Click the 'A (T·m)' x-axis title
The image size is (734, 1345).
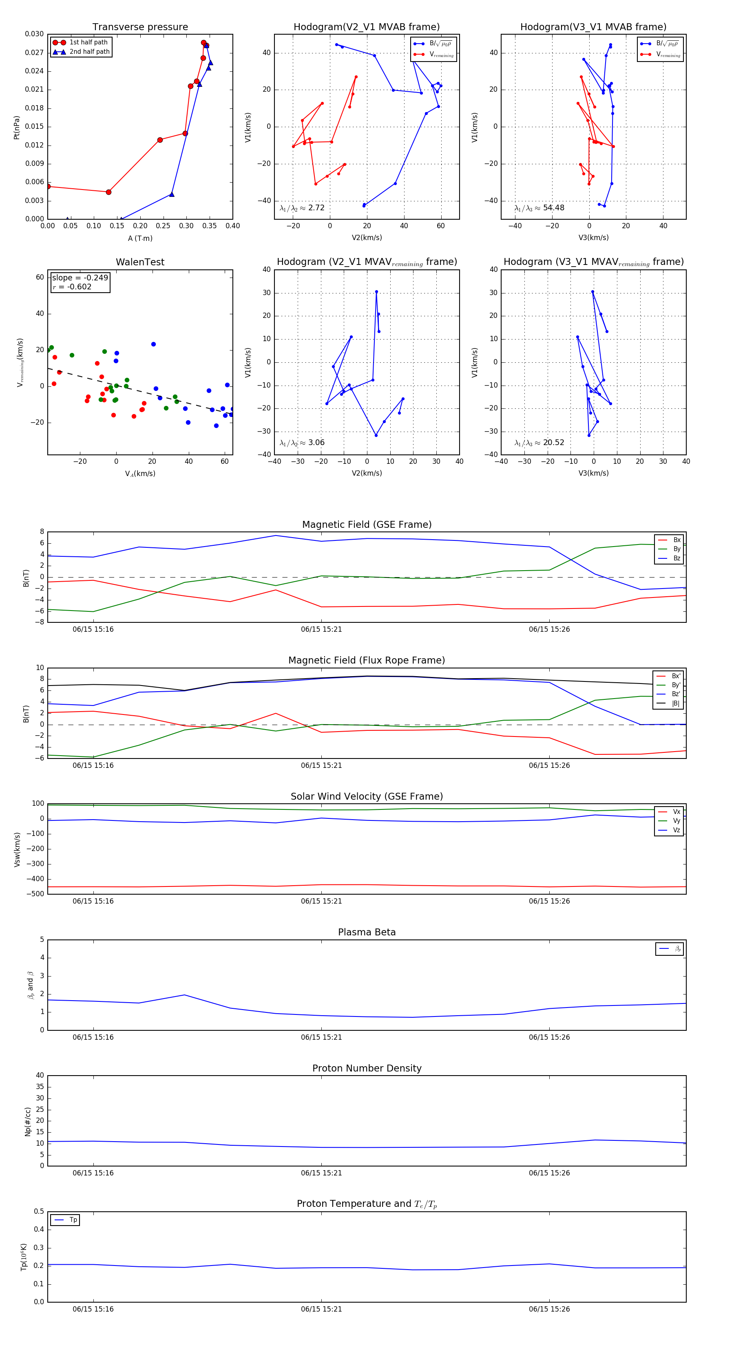[x=140, y=238]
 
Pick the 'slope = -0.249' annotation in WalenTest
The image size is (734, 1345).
[x=80, y=278]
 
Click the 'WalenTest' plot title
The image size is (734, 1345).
[x=140, y=262]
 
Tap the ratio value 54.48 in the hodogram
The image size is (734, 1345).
[x=553, y=208]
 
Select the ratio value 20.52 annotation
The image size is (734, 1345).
[x=553, y=443]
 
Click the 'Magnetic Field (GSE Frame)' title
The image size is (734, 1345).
[x=367, y=525]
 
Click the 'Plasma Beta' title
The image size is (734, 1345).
[x=367, y=933]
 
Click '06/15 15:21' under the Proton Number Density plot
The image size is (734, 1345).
[x=321, y=1173]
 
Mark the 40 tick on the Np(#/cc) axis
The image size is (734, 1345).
[x=40, y=1076]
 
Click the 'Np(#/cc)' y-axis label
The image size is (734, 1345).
[x=28, y=1121]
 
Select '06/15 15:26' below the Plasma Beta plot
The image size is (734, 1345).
[x=549, y=1037]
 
